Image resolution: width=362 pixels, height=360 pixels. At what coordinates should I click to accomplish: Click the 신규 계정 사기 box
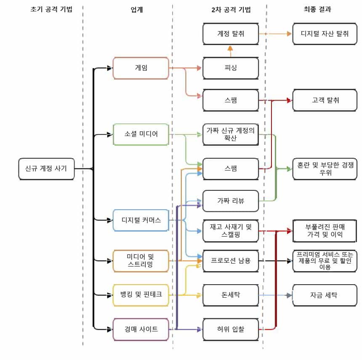click(x=46, y=169)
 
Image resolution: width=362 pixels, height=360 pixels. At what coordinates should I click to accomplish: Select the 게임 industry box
click(x=141, y=68)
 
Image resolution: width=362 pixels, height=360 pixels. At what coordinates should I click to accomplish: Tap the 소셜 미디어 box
click(x=141, y=134)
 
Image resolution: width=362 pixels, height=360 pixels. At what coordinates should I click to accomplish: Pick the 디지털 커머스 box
click(x=141, y=220)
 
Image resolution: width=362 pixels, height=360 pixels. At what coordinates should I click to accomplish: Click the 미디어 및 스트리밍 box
click(x=141, y=261)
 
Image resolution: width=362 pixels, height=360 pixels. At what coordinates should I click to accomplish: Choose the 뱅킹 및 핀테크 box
click(x=141, y=295)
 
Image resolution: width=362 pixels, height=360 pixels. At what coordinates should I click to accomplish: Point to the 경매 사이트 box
click(x=141, y=329)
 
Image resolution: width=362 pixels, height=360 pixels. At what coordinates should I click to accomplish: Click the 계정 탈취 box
click(x=230, y=34)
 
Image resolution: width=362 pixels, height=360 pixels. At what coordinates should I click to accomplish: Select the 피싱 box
click(x=230, y=68)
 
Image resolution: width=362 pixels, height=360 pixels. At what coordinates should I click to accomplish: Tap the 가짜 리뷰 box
click(x=230, y=201)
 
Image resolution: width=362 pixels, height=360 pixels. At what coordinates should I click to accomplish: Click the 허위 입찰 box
click(x=230, y=329)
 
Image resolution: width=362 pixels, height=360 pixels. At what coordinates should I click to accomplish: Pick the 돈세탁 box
click(x=230, y=295)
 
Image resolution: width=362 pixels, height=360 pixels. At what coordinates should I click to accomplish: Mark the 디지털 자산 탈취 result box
click(x=325, y=34)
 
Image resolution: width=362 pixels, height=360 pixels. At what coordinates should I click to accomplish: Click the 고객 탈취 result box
click(x=325, y=100)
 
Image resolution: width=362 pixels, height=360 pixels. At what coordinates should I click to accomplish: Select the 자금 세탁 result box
click(x=325, y=295)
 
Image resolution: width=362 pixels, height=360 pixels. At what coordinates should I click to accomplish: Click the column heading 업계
click(x=137, y=10)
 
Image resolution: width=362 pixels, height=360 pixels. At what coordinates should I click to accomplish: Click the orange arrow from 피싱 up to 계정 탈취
click(x=230, y=51)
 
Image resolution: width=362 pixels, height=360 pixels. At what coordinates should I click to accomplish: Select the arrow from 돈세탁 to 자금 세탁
click(x=275, y=295)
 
